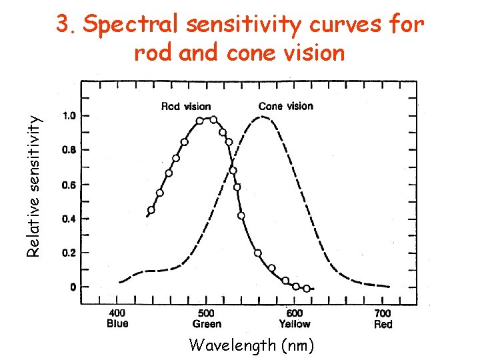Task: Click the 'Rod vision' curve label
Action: click(x=186, y=106)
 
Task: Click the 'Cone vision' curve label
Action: click(x=285, y=106)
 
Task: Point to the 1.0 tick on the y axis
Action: click(x=69, y=116)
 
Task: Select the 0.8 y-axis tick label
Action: click(x=69, y=150)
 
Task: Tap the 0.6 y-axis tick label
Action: click(x=69, y=185)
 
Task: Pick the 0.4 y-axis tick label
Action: click(x=69, y=219)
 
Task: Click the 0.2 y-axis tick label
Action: click(x=69, y=253)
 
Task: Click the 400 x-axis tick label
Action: click(x=117, y=313)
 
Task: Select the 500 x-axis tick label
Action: click(x=207, y=313)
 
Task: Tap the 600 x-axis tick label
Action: click(x=294, y=313)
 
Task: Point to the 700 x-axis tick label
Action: click(x=383, y=313)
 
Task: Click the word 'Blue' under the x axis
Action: click(x=117, y=324)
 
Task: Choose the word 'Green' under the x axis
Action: click(x=207, y=324)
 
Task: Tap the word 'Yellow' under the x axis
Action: click(x=294, y=324)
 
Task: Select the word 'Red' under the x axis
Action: click(x=383, y=324)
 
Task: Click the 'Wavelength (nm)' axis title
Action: click(x=251, y=345)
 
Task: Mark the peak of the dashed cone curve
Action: click(x=263, y=117)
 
